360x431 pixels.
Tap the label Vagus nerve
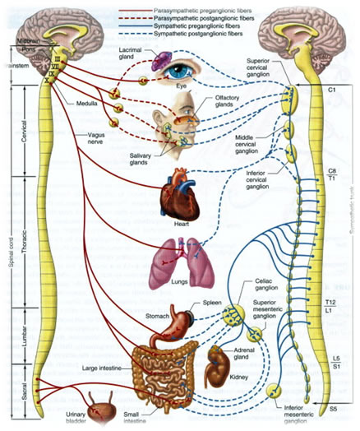[x=99, y=137]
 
